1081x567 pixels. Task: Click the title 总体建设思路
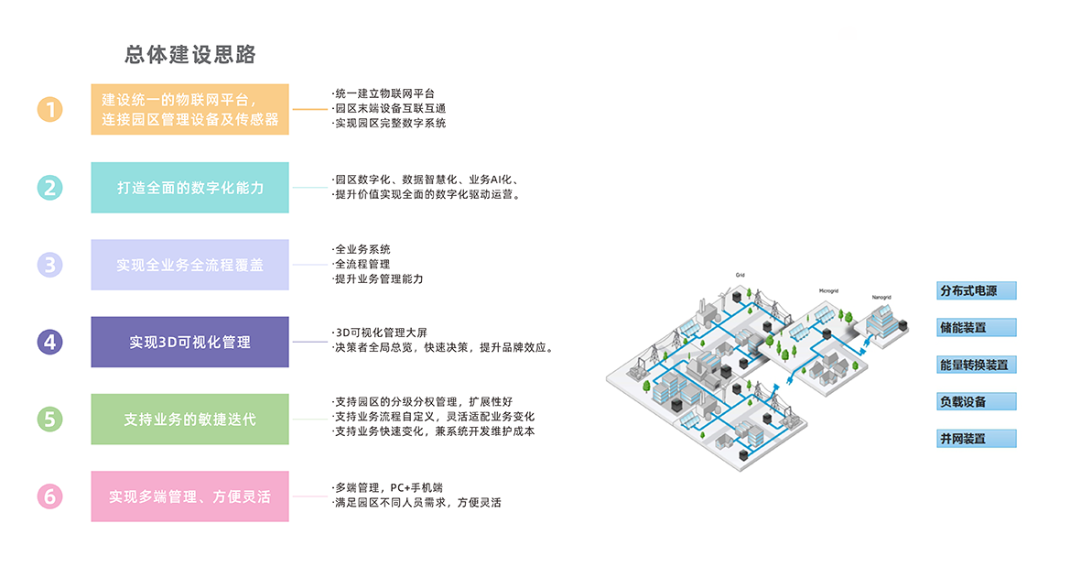point(189,55)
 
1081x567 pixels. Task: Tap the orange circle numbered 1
point(50,110)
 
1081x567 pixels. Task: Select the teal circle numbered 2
point(50,188)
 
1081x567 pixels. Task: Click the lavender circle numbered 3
point(50,265)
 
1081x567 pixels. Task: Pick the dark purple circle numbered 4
point(50,343)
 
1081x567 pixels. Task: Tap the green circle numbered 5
point(50,420)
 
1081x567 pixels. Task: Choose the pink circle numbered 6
point(50,496)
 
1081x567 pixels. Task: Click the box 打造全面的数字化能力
point(189,188)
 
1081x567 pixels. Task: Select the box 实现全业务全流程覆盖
point(189,265)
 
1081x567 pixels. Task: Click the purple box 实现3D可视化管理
point(189,343)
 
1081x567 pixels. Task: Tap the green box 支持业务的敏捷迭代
point(189,420)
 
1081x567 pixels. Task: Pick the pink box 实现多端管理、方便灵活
point(189,496)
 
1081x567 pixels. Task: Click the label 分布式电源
point(976,291)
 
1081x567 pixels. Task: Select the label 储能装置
point(976,328)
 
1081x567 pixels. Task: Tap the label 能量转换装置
point(976,365)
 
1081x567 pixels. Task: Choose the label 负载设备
point(976,401)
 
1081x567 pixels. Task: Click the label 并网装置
point(976,438)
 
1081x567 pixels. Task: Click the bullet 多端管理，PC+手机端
point(394,487)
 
